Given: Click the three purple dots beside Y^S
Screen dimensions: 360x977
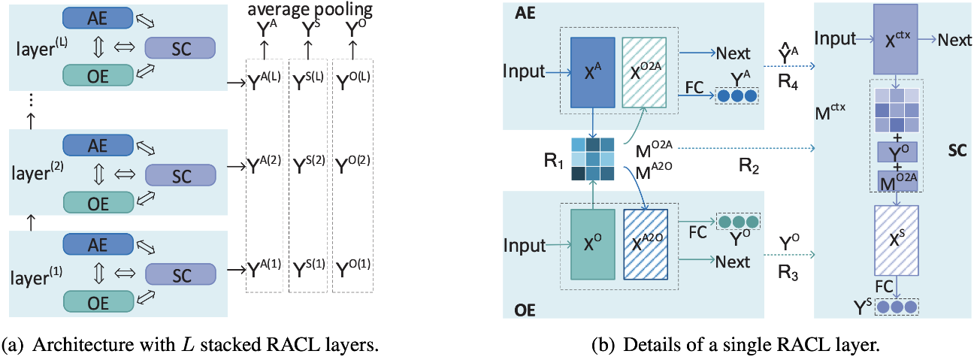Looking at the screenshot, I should pos(900,307).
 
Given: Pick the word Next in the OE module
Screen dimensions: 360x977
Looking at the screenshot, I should pos(733,262).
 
